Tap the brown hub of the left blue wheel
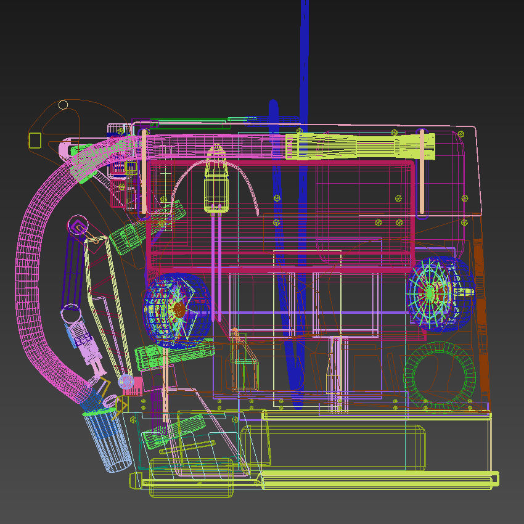pyautogui.click(x=179, y=309)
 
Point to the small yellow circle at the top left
pyautogui.click(x=63, y=105)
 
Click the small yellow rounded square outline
pyautogui.click(x=35, y=140)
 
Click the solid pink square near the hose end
pyautogui.click(x=134, y=386)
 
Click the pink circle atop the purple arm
pyautogui.click(x=78, y=223)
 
